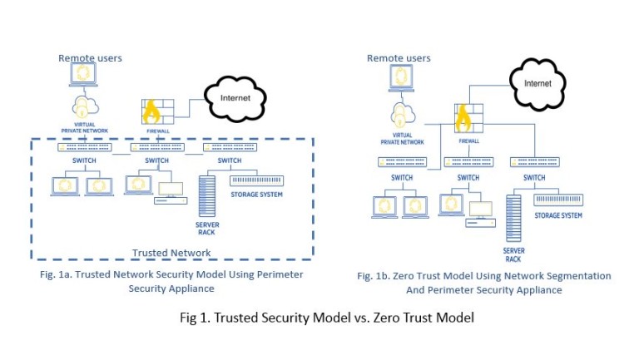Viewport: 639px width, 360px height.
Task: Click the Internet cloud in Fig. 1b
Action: point(537,84)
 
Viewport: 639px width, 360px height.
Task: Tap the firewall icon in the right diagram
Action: point(467,122)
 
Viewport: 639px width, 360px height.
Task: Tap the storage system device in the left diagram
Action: point(256,180)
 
